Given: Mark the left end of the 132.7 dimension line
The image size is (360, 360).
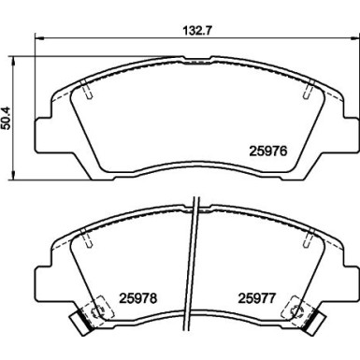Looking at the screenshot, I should point(35,39).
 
